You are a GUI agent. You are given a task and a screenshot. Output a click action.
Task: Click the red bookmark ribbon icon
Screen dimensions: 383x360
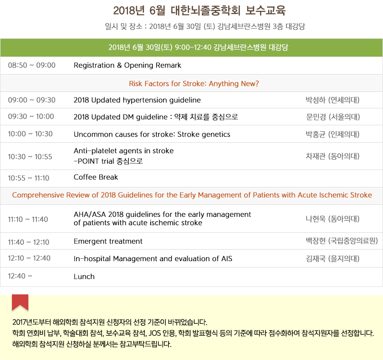click(20, 302)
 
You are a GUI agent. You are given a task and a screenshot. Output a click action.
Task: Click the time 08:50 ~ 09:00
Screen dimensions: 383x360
click(32, 65)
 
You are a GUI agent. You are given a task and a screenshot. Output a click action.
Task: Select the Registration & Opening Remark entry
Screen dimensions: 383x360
click(127, 66)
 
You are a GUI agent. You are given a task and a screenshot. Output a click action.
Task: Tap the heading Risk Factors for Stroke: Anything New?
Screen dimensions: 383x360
click(194, 84)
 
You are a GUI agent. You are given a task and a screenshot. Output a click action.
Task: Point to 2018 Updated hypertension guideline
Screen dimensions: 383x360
click(137, 100)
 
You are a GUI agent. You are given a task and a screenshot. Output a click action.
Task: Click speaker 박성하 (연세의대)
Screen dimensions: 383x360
click(333, 100)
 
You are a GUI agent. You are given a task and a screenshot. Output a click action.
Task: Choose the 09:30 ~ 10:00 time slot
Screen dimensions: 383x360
click(31, 116)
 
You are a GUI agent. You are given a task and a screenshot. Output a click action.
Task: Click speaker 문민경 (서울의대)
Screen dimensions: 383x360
click(333, 117)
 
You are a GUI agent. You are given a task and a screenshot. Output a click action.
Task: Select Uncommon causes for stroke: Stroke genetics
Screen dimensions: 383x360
click(152, 134)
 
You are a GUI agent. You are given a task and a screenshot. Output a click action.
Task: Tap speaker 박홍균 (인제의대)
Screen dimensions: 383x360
click(333, 134)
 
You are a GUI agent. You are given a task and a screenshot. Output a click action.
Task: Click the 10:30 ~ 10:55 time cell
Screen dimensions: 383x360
click(30, 157)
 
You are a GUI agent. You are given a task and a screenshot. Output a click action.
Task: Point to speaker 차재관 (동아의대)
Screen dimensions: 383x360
click(333, 156)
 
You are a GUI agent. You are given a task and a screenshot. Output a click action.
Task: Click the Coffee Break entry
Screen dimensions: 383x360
click(96, 177)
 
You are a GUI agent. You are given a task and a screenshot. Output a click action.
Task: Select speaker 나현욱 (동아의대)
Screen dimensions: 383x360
click(333, 219)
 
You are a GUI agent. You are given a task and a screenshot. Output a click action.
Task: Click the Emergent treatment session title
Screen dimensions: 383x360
click(108, 242)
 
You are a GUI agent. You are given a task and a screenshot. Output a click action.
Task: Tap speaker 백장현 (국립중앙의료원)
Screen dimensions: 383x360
click(342, 241)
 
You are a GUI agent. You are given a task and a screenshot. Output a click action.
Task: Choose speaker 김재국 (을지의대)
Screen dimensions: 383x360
click(333, 259)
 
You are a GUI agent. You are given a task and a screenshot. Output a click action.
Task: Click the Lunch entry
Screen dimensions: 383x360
click(84, 276)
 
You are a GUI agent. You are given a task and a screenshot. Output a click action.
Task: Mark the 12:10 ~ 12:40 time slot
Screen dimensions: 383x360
click(29, 258)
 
